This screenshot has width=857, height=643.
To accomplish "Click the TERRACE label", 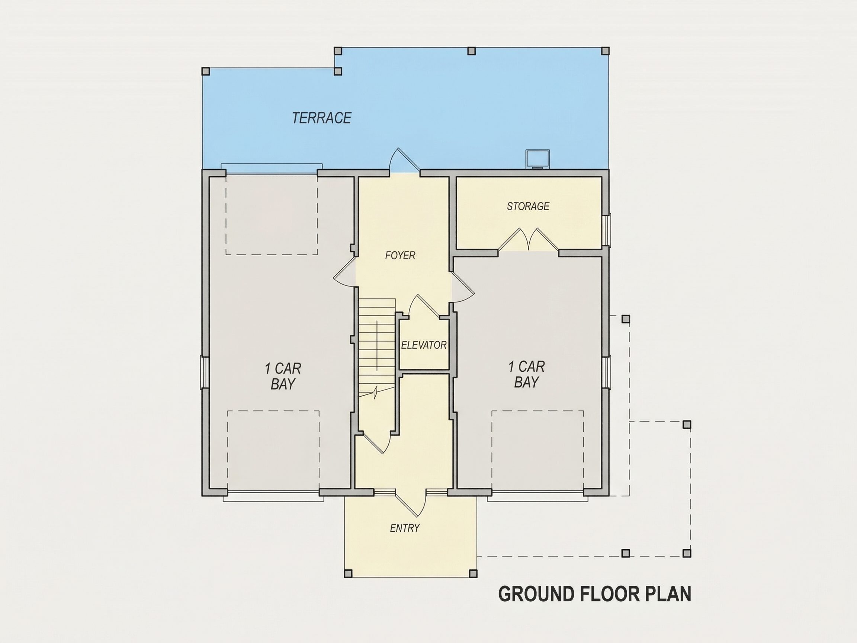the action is (322, 118).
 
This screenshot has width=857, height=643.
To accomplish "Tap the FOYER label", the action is (400, 255).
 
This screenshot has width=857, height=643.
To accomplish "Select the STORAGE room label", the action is (528, 206).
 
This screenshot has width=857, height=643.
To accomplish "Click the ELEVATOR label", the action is (424, 345).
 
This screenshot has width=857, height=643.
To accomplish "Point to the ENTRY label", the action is (405, 528).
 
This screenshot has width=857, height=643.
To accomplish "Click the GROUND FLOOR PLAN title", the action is (595, 594).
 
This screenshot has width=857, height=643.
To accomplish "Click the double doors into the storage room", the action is (529, 240).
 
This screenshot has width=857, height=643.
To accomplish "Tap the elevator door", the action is (424, 307).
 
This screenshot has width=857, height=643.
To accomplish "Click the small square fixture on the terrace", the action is (537, 159).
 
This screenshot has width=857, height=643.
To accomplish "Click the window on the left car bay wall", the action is (204, 372).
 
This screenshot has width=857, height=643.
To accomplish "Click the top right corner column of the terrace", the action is (605, 51).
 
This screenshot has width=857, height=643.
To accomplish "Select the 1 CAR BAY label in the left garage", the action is (283, 376).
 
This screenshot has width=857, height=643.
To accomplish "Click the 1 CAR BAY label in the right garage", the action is (527, 374).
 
